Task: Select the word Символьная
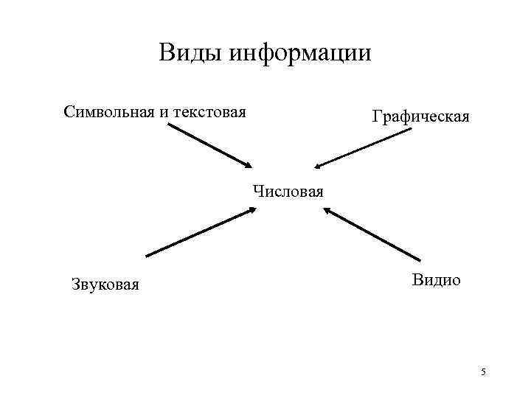click(x=108, y=112)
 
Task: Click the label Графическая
click(x=420, y=116)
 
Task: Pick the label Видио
click(x=437, y=280)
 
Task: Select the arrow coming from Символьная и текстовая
click(x=209, y=146)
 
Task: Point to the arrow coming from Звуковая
click(x=199, y=232)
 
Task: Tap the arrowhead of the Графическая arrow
click(x=317, y=167)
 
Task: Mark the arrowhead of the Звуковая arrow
click(x=250, y=210)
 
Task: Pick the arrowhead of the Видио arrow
click(x=326, y=211)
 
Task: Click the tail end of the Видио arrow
click(x=418, y=259)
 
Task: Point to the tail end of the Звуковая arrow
click(x=147, y=255)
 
